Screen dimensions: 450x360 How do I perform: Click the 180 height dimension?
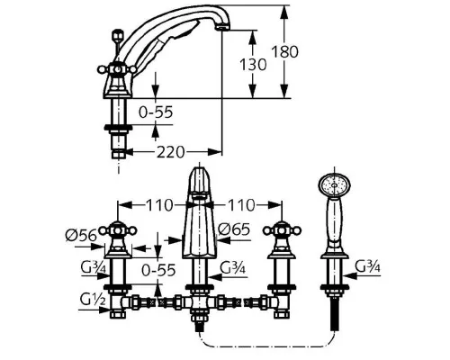point(284,51)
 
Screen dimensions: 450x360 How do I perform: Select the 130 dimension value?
point(253,64)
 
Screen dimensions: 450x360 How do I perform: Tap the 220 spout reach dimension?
point(170,152)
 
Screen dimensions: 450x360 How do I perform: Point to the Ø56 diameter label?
point(81,235)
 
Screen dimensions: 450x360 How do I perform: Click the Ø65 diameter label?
point(234,229)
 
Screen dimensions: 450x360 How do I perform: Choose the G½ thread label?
point(93,299)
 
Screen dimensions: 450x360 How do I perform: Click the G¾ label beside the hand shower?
point(367,265)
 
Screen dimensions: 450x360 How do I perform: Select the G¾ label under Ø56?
point(94,267)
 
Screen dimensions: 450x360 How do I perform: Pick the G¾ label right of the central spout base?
point(232,266)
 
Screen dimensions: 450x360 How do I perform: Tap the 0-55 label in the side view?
point(156,112)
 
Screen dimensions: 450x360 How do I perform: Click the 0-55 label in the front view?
point(158,270)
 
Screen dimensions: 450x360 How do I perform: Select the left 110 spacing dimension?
point(159,205)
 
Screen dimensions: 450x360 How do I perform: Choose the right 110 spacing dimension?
point(241,205)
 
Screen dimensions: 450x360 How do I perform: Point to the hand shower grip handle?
point(334,223)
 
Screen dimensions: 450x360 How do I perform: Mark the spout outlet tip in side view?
point(222,28)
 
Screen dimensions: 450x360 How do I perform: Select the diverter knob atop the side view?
point(117,34)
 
